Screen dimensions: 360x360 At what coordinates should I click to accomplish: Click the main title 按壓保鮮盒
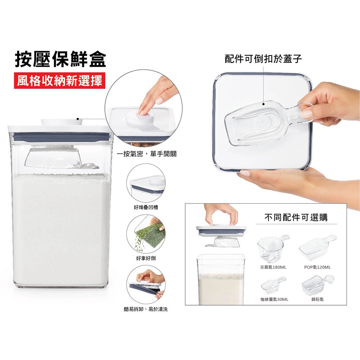(x=60, y=59)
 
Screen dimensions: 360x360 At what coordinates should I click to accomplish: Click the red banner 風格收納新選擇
(x=60, y=80)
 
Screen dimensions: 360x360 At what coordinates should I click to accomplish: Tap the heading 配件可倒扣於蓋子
(x=263, y=59)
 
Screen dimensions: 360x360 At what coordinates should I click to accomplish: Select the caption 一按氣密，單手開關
(x=147, y=154)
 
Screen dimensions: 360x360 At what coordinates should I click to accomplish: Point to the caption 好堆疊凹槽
(x=146, y=207)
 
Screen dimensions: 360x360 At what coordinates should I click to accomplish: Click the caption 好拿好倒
(x=146, y=258)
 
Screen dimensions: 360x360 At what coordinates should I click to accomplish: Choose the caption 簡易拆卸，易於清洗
(x=146, y=309)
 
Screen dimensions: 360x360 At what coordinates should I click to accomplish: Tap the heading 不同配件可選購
(x=296, y=217)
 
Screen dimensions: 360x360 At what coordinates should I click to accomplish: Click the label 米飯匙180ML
(x=273, y=267)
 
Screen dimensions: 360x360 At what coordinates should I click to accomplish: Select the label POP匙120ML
(x=317, y=267)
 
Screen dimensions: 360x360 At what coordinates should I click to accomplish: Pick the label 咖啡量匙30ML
(x=274, y=299)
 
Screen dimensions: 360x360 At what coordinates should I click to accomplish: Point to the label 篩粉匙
(x=317, y=299)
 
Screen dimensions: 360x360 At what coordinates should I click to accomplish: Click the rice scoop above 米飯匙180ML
(x=273, y=248)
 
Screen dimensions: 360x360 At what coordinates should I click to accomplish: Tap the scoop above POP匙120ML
(x=318, y=247)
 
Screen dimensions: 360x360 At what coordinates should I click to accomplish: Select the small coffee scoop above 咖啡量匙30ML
(x=274, y=286)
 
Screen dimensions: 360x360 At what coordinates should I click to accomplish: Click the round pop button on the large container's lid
(x=62, y=122)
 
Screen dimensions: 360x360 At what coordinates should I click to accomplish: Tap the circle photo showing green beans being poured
(x=146, y=234)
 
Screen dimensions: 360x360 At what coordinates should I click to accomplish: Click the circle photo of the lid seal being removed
(x=146, y=285)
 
